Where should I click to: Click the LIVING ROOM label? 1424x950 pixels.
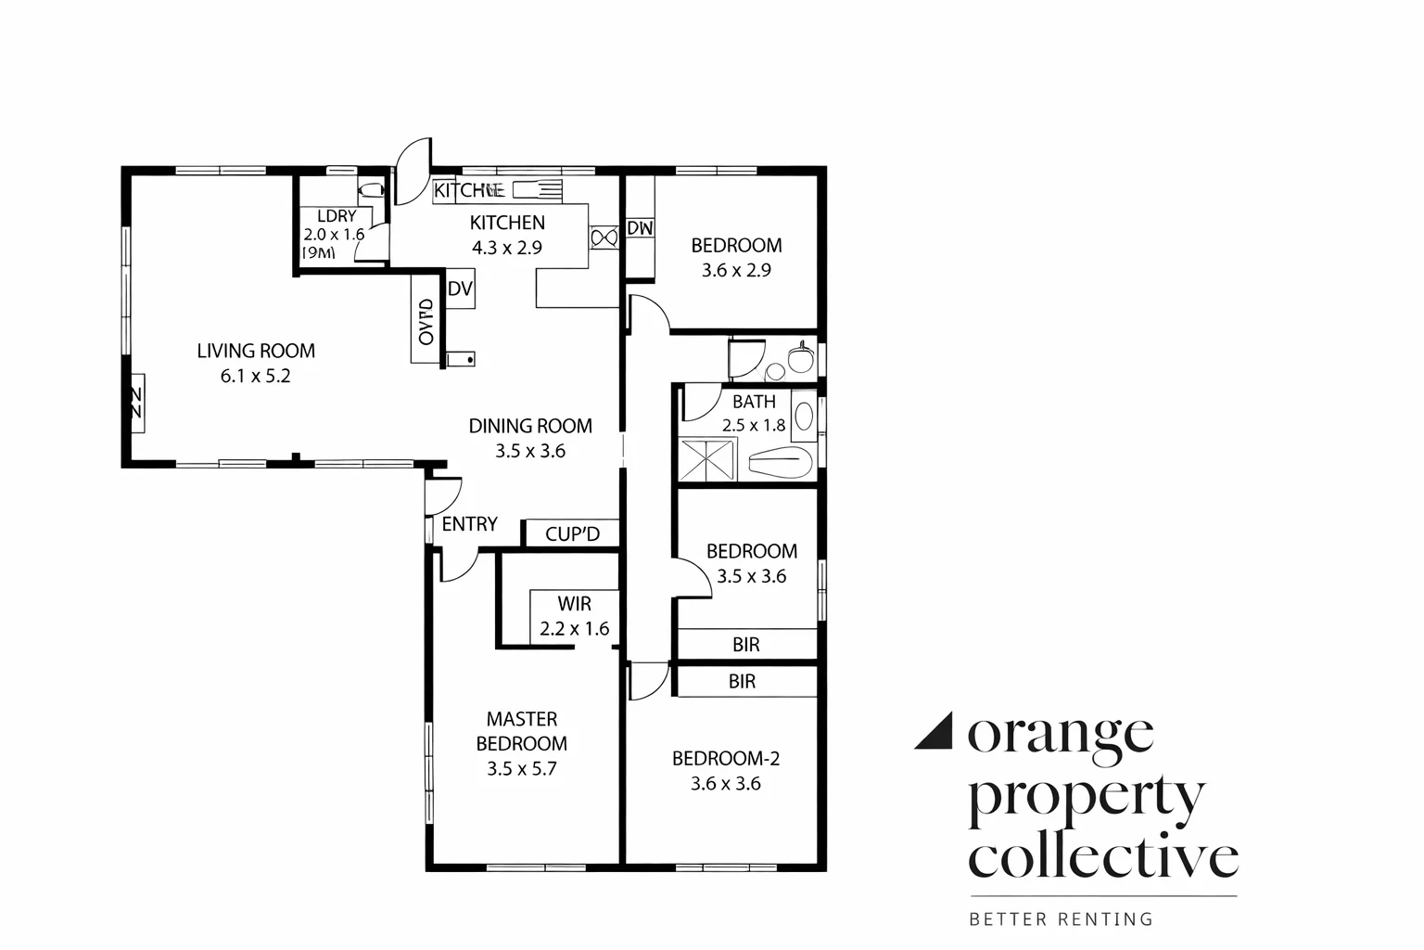[x=255, y=351]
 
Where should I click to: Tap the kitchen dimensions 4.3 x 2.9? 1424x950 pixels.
[x=506, y=248]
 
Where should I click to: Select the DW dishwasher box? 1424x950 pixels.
[x=640, y=228]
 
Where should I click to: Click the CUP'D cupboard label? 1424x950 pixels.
[x=572, y=534]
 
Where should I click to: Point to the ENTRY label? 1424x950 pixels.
[x=469, y=524]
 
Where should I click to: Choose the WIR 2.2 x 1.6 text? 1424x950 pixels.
[x=574, y=617]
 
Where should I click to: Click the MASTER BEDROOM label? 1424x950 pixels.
[x=521, y=731]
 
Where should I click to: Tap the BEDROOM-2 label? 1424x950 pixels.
[x=725, y=759]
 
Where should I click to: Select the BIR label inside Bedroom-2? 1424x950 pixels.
[x=742, y=682]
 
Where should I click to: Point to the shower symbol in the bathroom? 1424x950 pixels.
[x=707, y=460]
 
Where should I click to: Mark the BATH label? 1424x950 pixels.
[x=754, y=402]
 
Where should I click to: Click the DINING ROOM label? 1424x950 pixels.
[x=529, y=426]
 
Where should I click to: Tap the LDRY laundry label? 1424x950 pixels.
[x=336, y=216]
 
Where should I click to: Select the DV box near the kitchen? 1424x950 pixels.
[x=460, y=289]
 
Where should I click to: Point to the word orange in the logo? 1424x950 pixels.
[x=1061, y=734]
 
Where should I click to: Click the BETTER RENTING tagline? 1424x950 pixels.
[x=1061, y=919]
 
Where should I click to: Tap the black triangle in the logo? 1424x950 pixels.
[x=934, y=731]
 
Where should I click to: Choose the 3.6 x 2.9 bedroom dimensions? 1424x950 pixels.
[x=736, y=271]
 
